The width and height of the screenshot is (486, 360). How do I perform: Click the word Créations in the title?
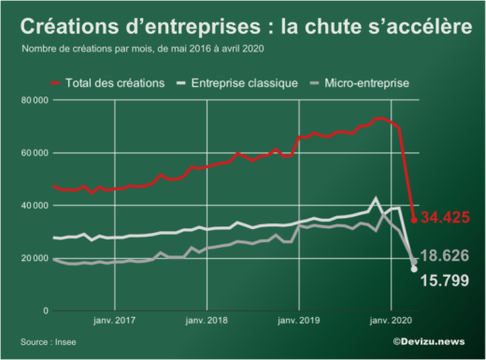click(71, 25)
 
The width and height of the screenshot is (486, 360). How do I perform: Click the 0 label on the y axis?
click(44, 310)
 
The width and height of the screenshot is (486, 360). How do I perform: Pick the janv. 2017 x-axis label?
click(114, 321)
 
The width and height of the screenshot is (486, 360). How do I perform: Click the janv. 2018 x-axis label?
click(207, 321)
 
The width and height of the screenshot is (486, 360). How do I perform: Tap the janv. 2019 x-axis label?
click(299, 321)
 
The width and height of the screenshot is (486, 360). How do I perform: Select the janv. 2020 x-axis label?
click(391, 321)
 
